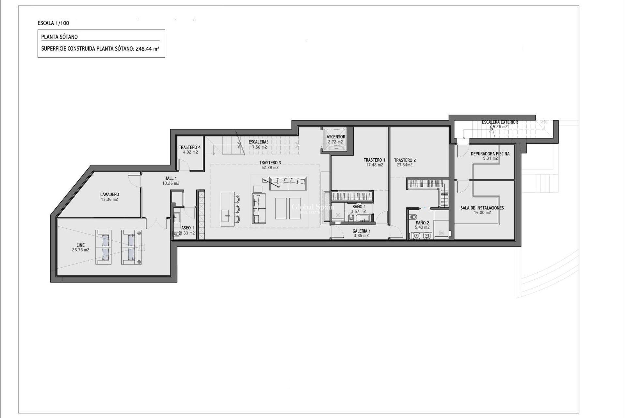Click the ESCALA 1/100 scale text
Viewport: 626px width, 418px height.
53,23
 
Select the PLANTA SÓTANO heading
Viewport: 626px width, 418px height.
59,37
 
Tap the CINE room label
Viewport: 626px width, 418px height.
81,245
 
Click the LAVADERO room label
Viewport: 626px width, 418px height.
110,194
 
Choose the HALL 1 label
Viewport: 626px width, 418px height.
171,178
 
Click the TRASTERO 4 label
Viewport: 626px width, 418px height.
190,147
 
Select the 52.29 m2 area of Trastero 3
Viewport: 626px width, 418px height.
270,168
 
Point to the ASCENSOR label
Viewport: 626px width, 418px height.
336,137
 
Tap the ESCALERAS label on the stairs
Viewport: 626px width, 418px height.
258,142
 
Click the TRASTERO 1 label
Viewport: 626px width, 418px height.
374,160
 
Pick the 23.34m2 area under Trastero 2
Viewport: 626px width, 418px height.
405,165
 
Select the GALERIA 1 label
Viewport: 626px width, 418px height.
361,231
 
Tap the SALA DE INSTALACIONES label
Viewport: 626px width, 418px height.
482,208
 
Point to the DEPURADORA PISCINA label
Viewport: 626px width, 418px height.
490,154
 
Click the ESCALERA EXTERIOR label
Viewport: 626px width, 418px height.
499,122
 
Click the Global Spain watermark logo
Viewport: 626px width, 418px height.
312,207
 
